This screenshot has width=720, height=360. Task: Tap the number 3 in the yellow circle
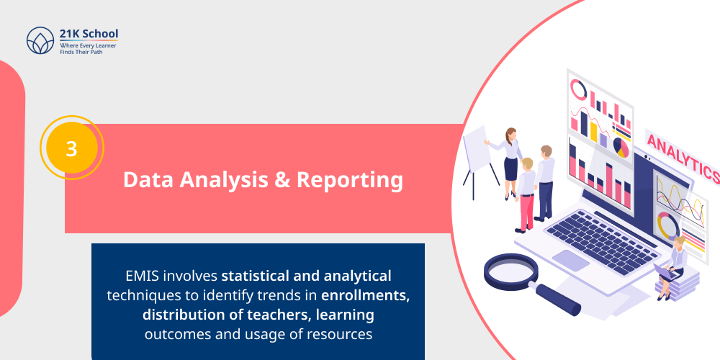click(x=71, y=148)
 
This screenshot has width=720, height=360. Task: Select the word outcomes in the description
click(x=176, y=334)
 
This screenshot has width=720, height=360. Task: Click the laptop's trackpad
click(x=571, y=260)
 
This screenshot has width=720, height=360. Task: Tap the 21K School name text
click(x=89, y=33)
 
